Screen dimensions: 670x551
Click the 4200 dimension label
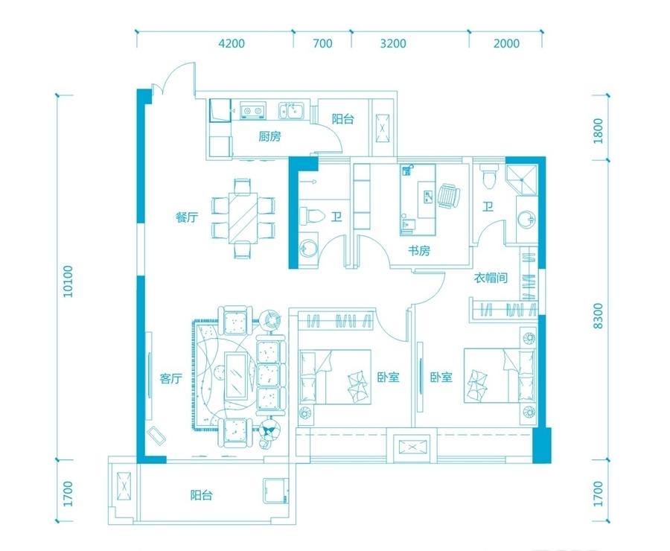(x=232, y=43)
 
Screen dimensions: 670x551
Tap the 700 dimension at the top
(x=322, y=43)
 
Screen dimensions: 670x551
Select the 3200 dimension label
(x=393, y=43)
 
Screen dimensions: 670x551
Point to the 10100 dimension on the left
(x=68, y=281)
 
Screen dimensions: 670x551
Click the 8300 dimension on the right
(x=598, y=316)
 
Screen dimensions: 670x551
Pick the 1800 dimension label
(x=598, y=131)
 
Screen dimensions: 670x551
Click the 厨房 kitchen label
(x=270, y=136)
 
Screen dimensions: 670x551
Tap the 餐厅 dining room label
(x=187, y=217)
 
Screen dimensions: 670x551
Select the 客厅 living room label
(x=171, y=378)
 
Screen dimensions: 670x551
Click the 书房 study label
(x=418, y=250)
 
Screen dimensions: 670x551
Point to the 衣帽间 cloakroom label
(x=491, y=278)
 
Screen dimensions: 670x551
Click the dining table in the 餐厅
(x=243, y=218)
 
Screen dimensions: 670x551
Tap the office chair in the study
(x=449, y=197)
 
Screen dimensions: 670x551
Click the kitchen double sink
(x=291, y=111)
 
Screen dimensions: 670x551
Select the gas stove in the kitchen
(x=252, y=110)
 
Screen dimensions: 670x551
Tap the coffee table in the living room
(x=236, y=376)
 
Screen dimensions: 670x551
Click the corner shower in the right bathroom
(x=521, y=179)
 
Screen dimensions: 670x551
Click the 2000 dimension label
(x=507, y=43)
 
